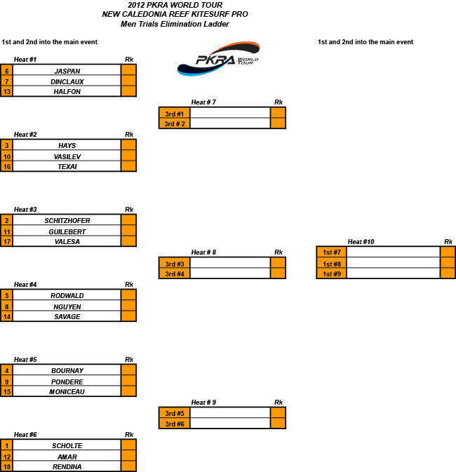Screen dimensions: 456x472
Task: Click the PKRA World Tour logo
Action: (x=218, y=59)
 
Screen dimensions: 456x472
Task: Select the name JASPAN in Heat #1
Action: (x=67, y=72)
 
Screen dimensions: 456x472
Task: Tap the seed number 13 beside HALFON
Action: (x=6, y=91)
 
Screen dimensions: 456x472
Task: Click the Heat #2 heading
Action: (x=25, y=135)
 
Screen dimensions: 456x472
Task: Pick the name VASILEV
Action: (x=67, y=157)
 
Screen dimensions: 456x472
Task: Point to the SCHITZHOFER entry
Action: (x=67, y=221)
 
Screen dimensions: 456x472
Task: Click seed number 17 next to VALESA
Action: (x=6, y=241)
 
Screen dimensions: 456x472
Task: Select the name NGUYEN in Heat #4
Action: (x=67, y=307)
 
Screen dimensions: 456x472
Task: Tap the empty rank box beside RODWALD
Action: (x=128, y=295)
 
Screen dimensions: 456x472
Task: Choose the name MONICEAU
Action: (x=67, y=391)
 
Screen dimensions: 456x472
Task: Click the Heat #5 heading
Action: (x=25, y=360)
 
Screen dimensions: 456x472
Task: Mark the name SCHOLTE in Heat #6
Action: (x=67, y=446)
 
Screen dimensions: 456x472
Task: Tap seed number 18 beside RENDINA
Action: (x=6, y=466)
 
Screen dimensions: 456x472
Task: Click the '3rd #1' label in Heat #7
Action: (x=175, y=114)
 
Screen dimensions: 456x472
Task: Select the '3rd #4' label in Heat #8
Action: (x=175, y=274)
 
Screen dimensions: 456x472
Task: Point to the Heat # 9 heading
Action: (x=203, y=403)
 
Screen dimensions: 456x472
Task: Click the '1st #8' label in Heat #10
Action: (x=332, y=264)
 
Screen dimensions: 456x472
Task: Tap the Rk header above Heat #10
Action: (x=448, y=242)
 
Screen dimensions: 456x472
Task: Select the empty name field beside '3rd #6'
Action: (x=230, y=423)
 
